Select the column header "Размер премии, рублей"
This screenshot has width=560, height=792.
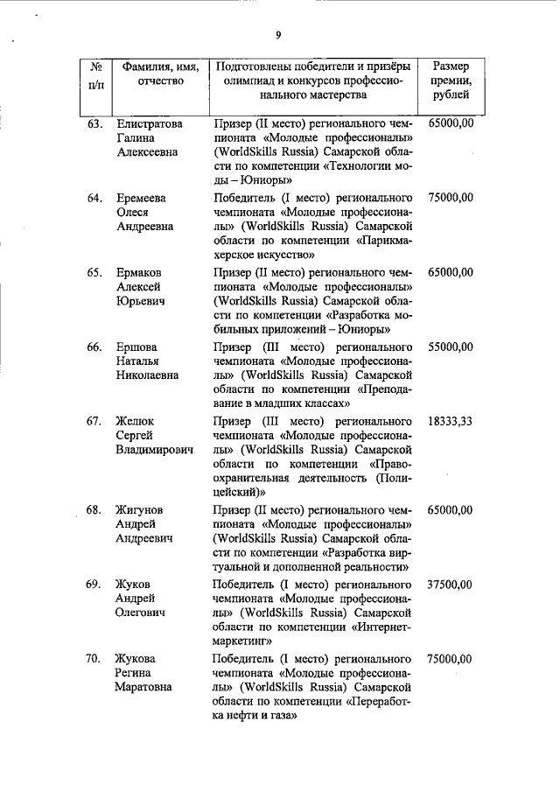point(451,81)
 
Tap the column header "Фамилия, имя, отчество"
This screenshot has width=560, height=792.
point(160,74)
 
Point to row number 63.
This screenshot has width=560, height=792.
point(95,124)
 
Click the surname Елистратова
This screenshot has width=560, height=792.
point(150,124)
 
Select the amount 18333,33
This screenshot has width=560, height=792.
point(451,422)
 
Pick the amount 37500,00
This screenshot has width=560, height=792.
point(451,585)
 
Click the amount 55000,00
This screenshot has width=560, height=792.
point(451,347)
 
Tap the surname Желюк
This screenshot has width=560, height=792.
point(138,422)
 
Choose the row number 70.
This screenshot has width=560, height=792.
point(95,659)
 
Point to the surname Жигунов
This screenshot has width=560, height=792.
point(142,509)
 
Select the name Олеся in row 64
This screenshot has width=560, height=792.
point(134,213)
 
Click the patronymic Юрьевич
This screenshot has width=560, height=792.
point(140,301)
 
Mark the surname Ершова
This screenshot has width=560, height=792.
point(138,347)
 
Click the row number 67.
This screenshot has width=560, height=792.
point(95,422)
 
